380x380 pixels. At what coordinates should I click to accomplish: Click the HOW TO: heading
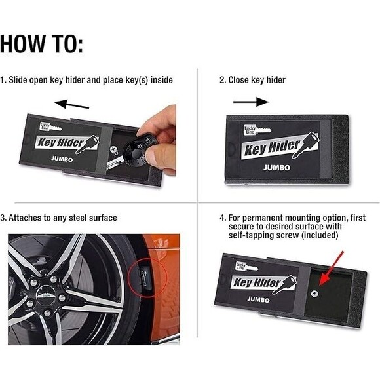click(x=41, y=44)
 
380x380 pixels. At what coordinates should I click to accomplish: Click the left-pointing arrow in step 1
click(x=72, y=104)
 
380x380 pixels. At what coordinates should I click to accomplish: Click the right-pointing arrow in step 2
click(x=251, y=102)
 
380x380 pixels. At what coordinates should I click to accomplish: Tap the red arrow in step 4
click(x=331, y=269)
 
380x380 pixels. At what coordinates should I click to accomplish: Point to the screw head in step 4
click(x=314, y=294)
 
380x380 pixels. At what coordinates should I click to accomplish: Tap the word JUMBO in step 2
click(x=276, y=168)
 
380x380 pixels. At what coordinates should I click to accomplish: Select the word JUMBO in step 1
click(x=62, y=159)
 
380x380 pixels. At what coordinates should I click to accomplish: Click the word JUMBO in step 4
click(x=258, y=299)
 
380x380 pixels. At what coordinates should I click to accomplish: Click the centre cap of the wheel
click(x=46, y=294)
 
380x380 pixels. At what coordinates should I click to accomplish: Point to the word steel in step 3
click(x=78, y=218)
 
